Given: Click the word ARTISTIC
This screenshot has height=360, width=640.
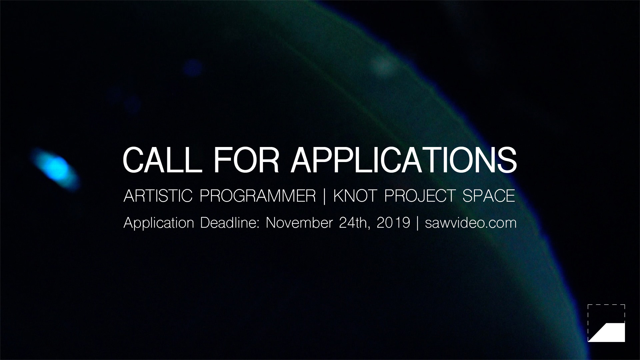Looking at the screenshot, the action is pos(158,196).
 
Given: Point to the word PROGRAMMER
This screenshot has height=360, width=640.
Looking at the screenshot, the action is pos(258,196).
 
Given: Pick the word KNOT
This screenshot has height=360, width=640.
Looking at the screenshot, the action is pos(355,196).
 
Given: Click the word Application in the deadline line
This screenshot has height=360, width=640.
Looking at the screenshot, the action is pos(159,223).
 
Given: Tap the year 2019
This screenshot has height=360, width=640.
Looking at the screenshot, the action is pos(393,223).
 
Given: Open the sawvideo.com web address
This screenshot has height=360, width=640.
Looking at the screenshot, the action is pos(471,223).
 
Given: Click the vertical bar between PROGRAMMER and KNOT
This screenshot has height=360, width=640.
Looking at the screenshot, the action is pos(325,196).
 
